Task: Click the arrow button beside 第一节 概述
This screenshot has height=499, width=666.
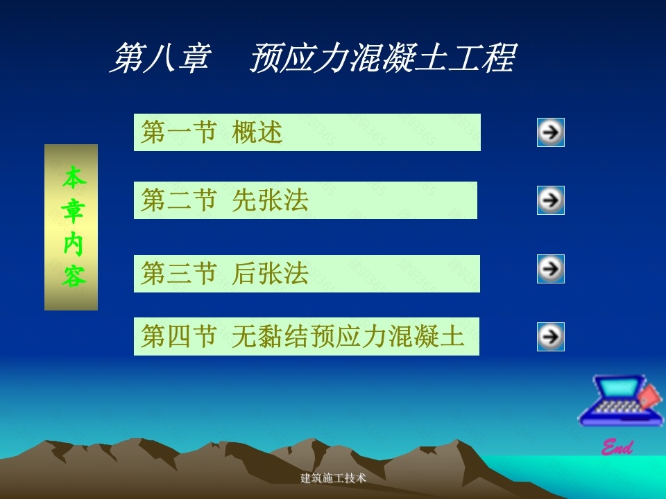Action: pyautogui.click(x=550, y=132)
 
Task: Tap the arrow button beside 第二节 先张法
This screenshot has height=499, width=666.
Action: pyautogui.click(x=550, y=200)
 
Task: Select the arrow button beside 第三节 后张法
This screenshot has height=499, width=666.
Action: pyautogui.click(x=550, y=269)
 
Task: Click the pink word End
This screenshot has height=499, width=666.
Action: pyautogui.click(x=617, y=447)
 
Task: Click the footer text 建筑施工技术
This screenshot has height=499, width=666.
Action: pyautogui.click(x=333, y=478)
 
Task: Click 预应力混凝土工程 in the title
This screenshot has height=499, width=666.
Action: pyautogui.click(x=383, y=58)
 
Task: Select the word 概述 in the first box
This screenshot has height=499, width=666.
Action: pyautogui.click(x=257, y=132)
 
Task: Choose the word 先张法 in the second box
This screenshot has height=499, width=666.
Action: pyautogui.click(x=270, y=200)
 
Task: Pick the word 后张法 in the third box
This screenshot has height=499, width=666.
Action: pyautogui.click(x=270, y=273)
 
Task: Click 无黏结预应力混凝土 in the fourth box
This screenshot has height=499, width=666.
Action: pyautogui.click(x=348, y=336)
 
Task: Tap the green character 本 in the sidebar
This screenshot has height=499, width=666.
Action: pyautogui.click(x=74, y=177)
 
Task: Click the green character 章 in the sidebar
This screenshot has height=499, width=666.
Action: pyautogui.click(x=73, y=211)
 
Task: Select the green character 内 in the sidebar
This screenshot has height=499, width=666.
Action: pyautogui.click(x=73, y=244)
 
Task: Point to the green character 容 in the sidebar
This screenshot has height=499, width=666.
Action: pyautogui.click(x=74, y=277)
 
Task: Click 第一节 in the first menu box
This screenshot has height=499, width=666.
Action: pyautogui.click(x=179, y=132)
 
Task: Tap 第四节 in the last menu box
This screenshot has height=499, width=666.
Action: pyautogui.click(x=179, y=336)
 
